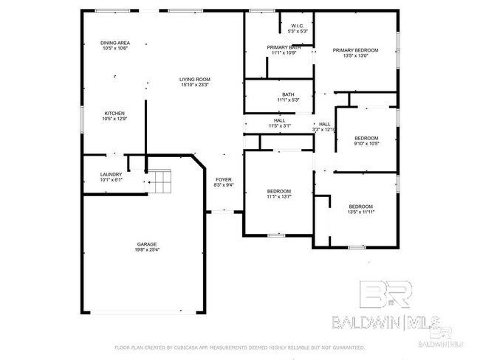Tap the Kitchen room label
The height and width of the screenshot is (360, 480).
pos(114,113)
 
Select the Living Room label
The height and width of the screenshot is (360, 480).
pos(196,79)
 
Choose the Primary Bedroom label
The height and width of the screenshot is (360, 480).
pos(355,50)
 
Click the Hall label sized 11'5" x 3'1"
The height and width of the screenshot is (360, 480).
pos(280,120)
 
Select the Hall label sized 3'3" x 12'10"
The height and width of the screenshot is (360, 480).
pos(324,124)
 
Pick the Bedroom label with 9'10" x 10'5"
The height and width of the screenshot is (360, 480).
pos(366,138)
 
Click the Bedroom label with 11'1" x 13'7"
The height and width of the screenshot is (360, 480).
pos(279,191)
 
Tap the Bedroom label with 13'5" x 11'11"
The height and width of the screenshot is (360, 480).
pos(360,206)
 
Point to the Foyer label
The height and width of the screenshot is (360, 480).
pos(223,179)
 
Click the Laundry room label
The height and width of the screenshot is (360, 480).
pos(111,174)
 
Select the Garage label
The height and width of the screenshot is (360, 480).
pos(146,243)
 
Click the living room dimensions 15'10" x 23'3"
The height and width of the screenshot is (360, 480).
pos(196,86)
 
